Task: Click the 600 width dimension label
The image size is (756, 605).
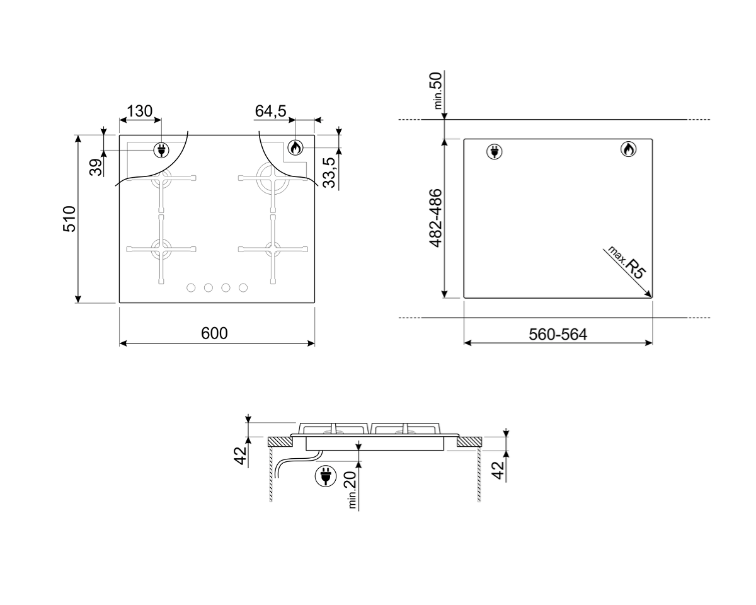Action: coord(214,333)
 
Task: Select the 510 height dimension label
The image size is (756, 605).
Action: coord(69,219)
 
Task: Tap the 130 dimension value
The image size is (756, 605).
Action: coord(139,111)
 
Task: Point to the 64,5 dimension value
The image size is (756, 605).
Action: coord(270,111)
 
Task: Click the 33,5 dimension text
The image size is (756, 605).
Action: coord(329,173)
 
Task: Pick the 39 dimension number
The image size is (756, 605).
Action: coord(96,168)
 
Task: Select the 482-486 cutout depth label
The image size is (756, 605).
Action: coord(435,218)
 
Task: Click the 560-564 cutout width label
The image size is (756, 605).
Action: coord(558,334)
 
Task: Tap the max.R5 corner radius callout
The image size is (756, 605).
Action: coord(627,262)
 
